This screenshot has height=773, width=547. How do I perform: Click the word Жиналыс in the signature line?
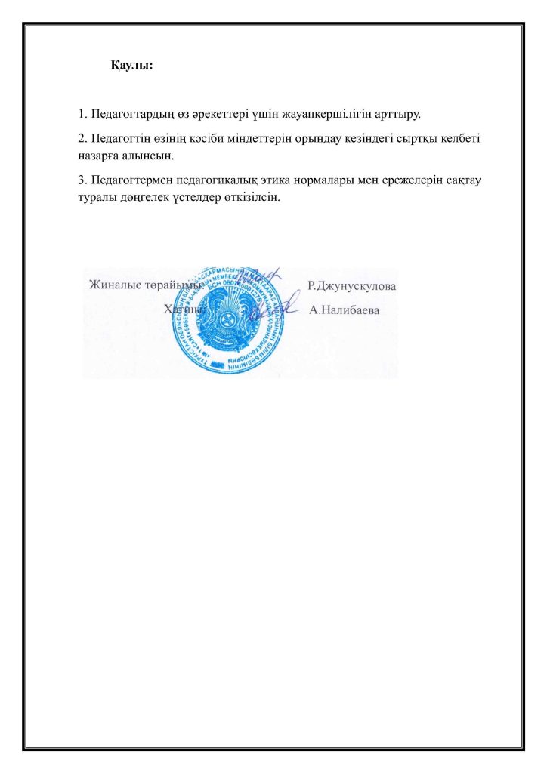[113, 285]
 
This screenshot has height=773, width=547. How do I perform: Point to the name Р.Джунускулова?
[352, 286]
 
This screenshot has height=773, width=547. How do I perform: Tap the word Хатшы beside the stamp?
[183, 310]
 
